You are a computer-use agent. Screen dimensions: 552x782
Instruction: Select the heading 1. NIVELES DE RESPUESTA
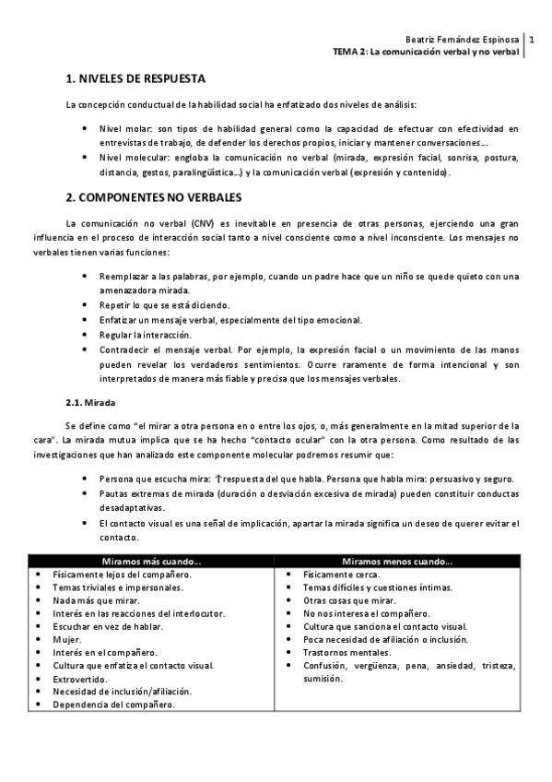(135, 79)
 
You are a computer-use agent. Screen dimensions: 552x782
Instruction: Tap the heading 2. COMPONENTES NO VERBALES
(153, 197)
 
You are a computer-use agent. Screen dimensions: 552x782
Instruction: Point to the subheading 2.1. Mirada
(88, 402)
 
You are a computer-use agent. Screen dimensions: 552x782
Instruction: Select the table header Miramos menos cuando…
(397, 561)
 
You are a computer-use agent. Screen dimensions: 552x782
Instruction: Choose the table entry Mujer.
(67, 639)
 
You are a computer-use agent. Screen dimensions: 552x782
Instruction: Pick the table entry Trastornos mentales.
(343, 652)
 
